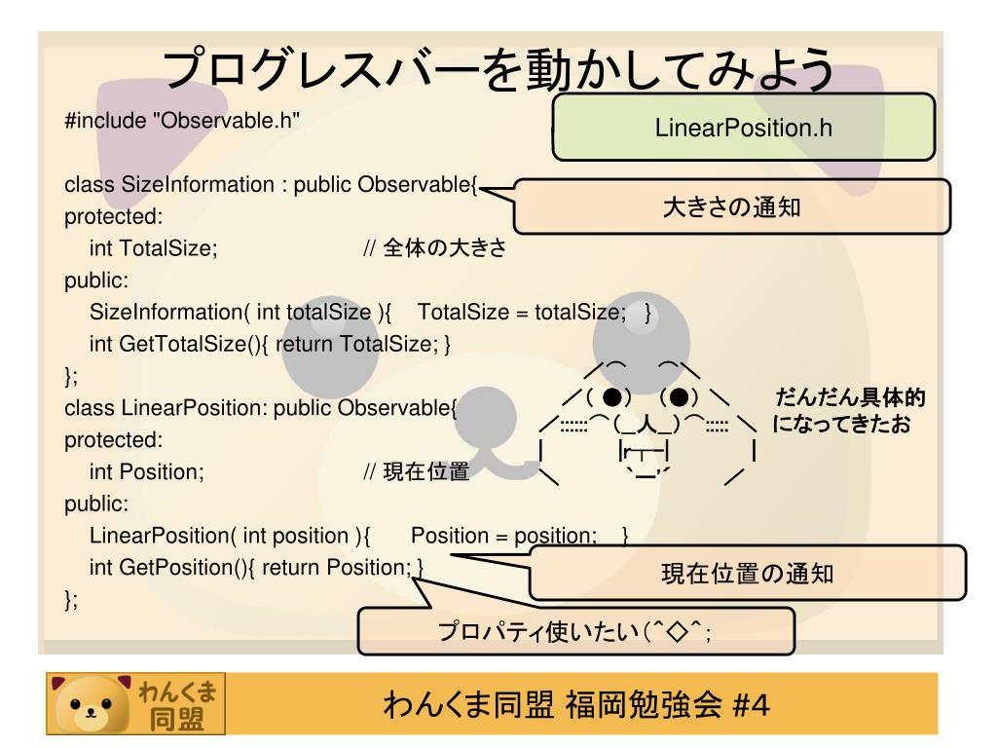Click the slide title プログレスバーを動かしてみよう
(x=498, y=70)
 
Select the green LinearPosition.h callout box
(x=744, y=127)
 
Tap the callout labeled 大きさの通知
(x=731, y=206)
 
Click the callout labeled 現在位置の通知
(x=747, y=573)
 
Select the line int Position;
(x=147, y=472)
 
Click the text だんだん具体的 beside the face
(x=849, y=398)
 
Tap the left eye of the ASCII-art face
(x=610, y=398)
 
